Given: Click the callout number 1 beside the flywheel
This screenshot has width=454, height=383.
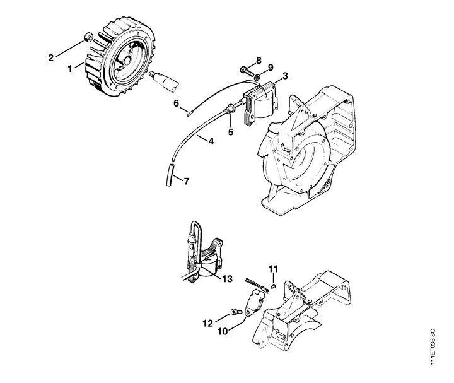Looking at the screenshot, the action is point(70,69).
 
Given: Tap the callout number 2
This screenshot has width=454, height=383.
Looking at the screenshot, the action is point(51,58).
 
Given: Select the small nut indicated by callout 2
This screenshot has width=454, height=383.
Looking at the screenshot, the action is point(88,37).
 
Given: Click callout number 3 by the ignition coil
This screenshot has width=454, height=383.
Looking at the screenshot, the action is point(285,76).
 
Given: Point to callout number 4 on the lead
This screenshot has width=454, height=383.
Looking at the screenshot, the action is point(211,141).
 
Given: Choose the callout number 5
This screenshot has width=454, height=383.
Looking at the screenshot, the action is point(231,132).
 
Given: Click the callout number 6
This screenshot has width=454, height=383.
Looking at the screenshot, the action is point(177,103).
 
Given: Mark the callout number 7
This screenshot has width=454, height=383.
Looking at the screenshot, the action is point(187,181).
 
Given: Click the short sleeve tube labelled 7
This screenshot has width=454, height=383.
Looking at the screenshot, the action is point(171,175).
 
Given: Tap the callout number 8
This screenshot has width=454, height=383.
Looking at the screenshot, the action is point(259,61).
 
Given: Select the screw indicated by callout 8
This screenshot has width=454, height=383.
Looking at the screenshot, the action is point(247,71).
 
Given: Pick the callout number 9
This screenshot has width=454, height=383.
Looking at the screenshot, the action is point(270,68).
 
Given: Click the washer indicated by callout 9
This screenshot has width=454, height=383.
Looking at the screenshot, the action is point(257,78).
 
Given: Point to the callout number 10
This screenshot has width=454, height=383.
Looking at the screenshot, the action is point(223,331).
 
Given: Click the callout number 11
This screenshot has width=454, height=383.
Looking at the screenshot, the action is point(273,269).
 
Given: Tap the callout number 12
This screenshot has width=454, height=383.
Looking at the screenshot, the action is point(207,323).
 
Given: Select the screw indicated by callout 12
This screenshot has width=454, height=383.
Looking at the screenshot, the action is point(236,312).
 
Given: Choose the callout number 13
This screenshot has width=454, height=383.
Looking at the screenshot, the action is point(228,279).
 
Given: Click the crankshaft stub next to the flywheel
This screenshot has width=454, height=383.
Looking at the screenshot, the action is point(164,81).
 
